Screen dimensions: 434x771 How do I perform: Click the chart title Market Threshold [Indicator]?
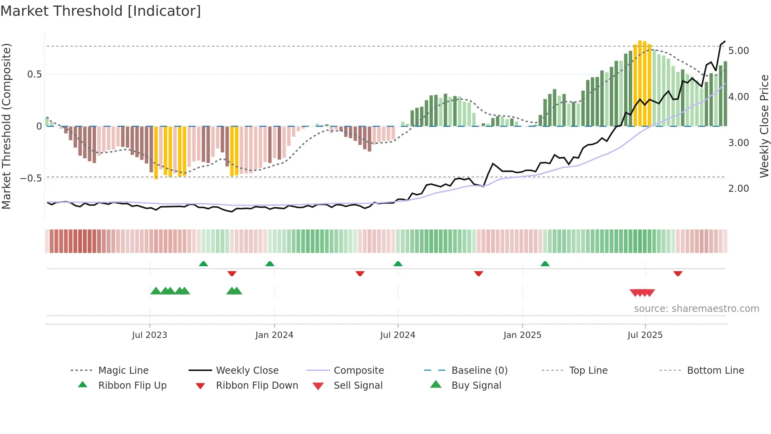pos(101,11)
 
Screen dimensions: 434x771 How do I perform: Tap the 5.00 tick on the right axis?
pos(738,51)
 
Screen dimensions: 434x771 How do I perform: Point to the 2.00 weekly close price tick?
pos(738,189)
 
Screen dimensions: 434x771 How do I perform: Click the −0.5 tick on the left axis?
pos(31,178)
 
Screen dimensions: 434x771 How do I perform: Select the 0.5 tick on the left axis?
pos(34,74)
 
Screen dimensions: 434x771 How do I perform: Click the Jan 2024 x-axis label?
pos(274,335)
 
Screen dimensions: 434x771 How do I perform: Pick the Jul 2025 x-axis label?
pos(645,335)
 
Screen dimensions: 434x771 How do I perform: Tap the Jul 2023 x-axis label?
pos(149,335)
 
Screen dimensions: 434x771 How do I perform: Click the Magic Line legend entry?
pos(123,371)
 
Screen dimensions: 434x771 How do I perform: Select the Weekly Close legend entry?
pos(247,371)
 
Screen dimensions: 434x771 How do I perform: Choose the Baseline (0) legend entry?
pos(479,371)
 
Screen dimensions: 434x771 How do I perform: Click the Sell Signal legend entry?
pos(358,386)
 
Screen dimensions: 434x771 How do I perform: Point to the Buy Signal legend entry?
pos(476,386)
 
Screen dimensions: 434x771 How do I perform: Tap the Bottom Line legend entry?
pos(715,371)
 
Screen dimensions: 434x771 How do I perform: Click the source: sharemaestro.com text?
pos(696,309)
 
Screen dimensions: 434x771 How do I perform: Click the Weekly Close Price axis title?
pos(764,126)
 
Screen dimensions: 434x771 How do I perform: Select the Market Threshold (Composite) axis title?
pos(6,126)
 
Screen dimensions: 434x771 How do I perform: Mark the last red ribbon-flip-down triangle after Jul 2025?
pos(677,273)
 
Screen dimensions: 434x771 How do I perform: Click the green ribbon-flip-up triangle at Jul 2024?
pos(398,264)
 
